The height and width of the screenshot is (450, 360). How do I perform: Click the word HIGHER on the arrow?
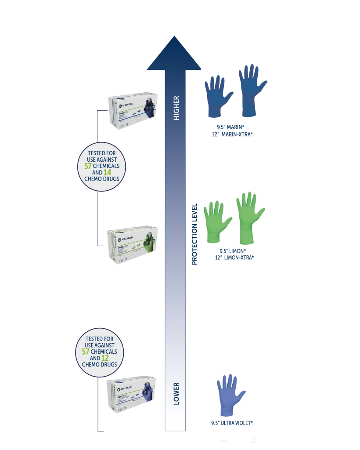[176, 108]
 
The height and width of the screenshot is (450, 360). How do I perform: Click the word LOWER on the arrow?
[176, 393]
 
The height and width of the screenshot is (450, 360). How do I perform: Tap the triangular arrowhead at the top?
[174, 55]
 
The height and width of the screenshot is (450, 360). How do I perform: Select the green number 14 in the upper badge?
[108, 173]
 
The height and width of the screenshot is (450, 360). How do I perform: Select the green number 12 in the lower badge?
[105, 358]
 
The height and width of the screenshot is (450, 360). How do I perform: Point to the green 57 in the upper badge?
[87, 166]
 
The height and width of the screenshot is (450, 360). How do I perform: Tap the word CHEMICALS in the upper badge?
[105, 167]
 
